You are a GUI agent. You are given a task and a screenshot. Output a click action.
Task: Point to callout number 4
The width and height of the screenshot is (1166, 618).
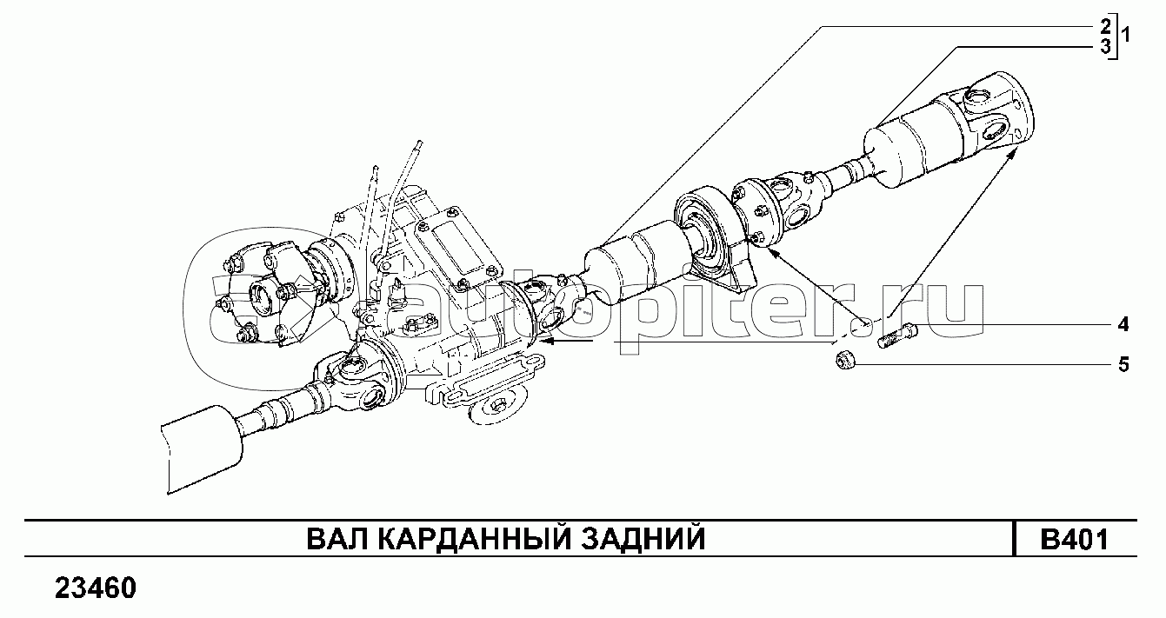(x=1123, y=324)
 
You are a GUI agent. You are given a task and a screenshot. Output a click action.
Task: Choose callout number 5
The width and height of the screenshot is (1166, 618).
(x=1123, y=365)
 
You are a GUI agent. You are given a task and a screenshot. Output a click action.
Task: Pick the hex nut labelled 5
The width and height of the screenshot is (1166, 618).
(x=845, y=360)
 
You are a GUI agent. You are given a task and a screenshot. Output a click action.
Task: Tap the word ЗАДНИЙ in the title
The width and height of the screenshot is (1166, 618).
(x=643, y=539)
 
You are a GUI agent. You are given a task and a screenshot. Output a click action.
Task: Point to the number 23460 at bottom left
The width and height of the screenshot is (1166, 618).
(x=96, y=588)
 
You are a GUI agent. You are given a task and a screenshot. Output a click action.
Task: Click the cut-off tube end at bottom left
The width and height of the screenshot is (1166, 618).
(x=202, y=449)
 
